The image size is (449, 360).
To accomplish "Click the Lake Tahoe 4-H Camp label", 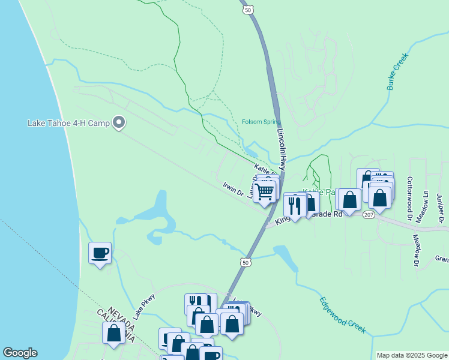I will (68, 124).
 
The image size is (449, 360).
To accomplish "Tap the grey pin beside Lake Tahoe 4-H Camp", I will (119, 123).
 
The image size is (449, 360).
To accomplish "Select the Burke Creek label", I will (397, 71).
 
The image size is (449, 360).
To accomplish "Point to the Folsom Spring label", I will (261, 122).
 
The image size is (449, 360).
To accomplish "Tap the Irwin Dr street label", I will (233, 189).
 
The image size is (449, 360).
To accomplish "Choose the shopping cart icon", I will (264, 192).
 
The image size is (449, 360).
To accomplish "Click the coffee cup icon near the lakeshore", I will (100, 253).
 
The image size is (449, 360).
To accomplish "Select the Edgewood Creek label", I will (342, 315).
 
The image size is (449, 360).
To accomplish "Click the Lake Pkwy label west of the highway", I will (144, 305).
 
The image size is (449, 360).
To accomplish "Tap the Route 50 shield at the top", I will (248, 10).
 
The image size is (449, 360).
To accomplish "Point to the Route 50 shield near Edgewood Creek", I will (244, 262).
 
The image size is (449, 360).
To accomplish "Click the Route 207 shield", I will (369, 214).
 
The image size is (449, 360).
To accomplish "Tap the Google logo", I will (20, 353).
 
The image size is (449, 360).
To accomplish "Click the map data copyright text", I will (411, 355).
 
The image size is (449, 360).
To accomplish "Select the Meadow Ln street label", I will (426, 204).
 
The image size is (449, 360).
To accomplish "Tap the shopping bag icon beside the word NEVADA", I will (113, 333).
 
